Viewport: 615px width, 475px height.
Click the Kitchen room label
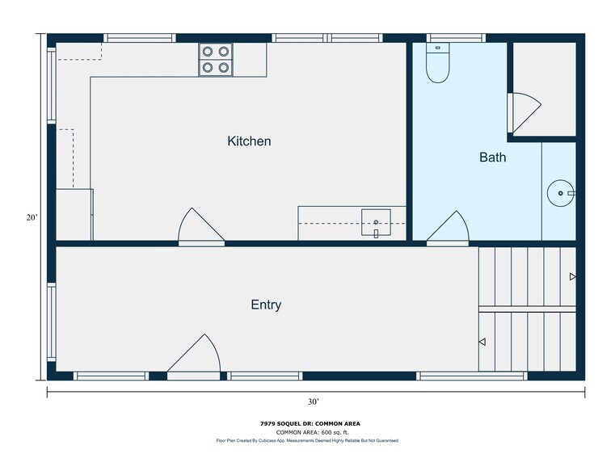click(x=249, y=141)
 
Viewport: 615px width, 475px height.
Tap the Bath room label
click(x=492, y=158)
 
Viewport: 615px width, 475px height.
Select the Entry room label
click(x=266, y=305)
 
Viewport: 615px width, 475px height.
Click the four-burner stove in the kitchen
click(x=216, y=60)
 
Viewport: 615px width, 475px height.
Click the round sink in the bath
click(x=560, y=193)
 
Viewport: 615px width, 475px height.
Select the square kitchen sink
click(x=376, y=221)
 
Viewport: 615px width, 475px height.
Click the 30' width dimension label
click(x=313, y=401)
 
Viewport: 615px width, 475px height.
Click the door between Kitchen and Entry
click(x=200, y=228)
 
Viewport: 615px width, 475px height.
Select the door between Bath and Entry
click(x=449, y=229)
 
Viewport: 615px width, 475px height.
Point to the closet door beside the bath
click(x=521, y=112)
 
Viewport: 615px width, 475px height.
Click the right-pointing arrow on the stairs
click(x=572, y=276)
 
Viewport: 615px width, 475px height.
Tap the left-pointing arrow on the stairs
click(x=482, y=343)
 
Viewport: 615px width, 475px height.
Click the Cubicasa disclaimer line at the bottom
click(x=307, y=441)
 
